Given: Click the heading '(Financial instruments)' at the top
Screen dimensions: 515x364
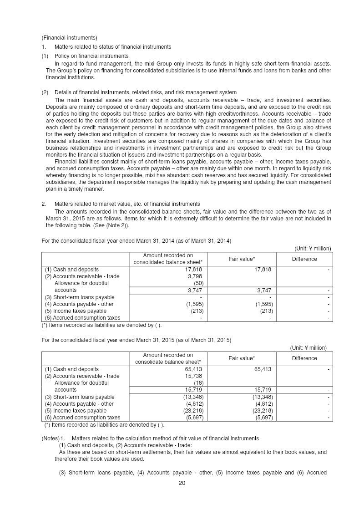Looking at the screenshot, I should [x=69, y=37].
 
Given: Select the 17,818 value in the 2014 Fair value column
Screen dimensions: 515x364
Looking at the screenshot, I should [x=262, y=270].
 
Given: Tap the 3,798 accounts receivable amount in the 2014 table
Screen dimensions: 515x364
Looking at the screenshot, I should [x=195, y=276].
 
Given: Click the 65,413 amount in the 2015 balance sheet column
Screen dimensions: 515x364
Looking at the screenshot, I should [x=194, y=369].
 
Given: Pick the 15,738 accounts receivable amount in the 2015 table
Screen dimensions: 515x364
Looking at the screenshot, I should [x=194, y=376].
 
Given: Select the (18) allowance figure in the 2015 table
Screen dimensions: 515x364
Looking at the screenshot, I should [x=198, y=383].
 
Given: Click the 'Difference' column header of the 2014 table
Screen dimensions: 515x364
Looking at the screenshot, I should [x=304, y=259].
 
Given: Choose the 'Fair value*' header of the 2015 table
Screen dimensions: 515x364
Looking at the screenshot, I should [x=241, y=358].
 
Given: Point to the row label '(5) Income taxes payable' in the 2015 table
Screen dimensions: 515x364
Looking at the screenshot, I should [x=76, y=410].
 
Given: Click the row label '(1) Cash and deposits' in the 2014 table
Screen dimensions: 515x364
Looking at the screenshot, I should [x=71, y=270].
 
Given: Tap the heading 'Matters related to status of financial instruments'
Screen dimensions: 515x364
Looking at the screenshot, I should [x=112, y=47].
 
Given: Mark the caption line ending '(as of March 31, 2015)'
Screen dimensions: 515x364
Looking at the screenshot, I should [x=136, y=340].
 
